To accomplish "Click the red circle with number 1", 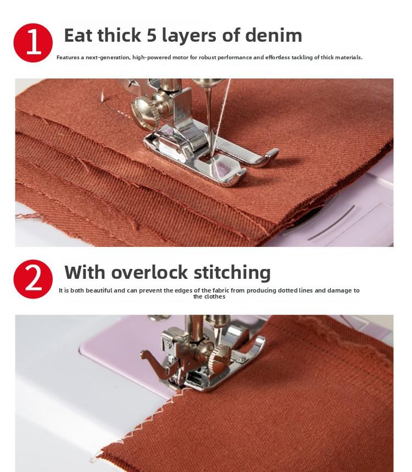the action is pos(33,43).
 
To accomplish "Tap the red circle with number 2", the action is pos(33,279).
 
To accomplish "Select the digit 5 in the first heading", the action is pos(152,35).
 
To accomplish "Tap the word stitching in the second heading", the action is pos(232,273).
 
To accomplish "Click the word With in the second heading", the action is pos(85,272).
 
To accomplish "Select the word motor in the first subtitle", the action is pos(180,57).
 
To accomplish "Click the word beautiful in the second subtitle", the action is pos(99,290).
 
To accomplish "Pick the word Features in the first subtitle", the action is pos(68,57).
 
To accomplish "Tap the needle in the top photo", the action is pos(209,120).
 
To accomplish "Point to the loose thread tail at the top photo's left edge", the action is pos(27,216).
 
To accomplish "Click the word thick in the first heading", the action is pos(119,35).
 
